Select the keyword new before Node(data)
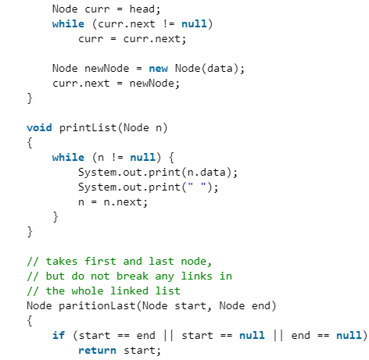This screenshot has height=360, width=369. pos(158,69)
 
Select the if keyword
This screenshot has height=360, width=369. pos(59,335)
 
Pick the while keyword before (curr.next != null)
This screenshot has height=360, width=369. pos(68,24)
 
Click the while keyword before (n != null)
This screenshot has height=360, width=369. pos(68,158)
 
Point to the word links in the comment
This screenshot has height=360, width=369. pos(201,276)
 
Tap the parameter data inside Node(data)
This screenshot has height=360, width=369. pos(224,69)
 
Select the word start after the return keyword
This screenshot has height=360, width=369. pos(142,350)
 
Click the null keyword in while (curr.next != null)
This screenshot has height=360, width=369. pos(195,24)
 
